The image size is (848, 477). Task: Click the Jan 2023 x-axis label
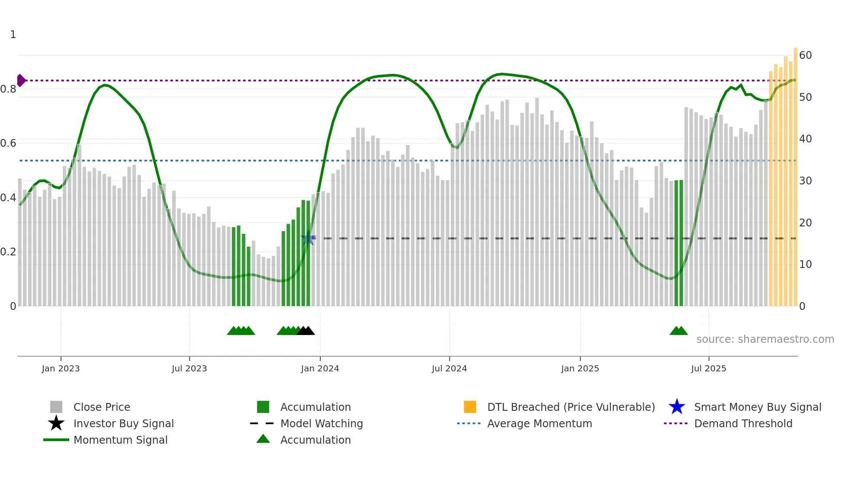coord(61,368)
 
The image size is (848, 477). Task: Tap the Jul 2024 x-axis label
coord(449,368)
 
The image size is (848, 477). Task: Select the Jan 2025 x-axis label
coord(580,368)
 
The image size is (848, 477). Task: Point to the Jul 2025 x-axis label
coord(708,368)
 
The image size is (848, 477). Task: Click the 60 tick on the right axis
coord(805,55)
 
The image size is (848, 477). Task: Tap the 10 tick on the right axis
coord(805,264)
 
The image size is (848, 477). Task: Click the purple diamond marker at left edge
coord(21,81)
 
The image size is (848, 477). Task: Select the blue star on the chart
coord(308,238)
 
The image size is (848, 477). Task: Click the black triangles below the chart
coord(306,331)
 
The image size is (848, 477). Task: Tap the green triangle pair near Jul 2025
coord(678,331)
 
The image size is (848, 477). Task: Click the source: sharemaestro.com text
coord(765,339)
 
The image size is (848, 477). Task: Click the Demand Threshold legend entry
coord(743,423)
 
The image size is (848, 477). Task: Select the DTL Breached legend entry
coord(571,407)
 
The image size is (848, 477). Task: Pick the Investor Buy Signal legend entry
coord(123,423)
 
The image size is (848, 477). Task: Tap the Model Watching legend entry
coord(321,423)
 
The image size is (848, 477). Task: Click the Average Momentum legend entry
coord(539,423)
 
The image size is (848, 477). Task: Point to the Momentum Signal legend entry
coord(120,440)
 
